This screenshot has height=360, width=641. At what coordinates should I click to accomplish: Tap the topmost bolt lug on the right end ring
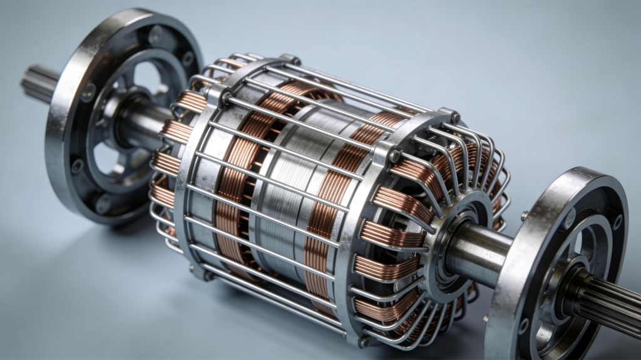pyautogui.click(x=451, y=115)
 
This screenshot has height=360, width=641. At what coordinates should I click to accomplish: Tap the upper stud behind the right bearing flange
pyautogui.click(x=525, y=216)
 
